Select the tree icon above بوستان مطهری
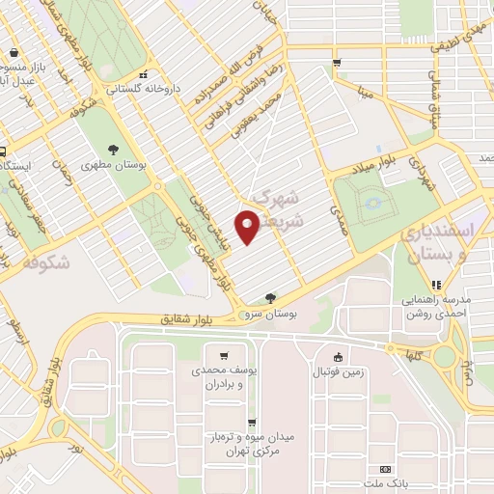(x=114, y=150)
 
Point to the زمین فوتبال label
(x=338, y=372)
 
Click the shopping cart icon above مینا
(x=336, y=64)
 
